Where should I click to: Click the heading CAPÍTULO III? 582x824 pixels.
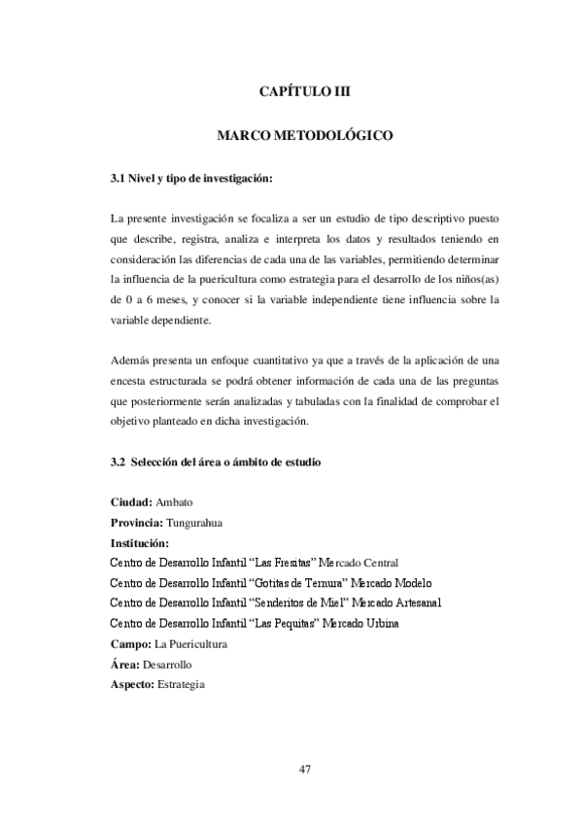pos(304,92)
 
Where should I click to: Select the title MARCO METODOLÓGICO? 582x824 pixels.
pos(304,137)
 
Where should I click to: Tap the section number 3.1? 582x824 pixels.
pos(120,180)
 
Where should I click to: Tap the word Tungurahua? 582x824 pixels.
pos(196,524)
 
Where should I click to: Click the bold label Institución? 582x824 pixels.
pos(141,543)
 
